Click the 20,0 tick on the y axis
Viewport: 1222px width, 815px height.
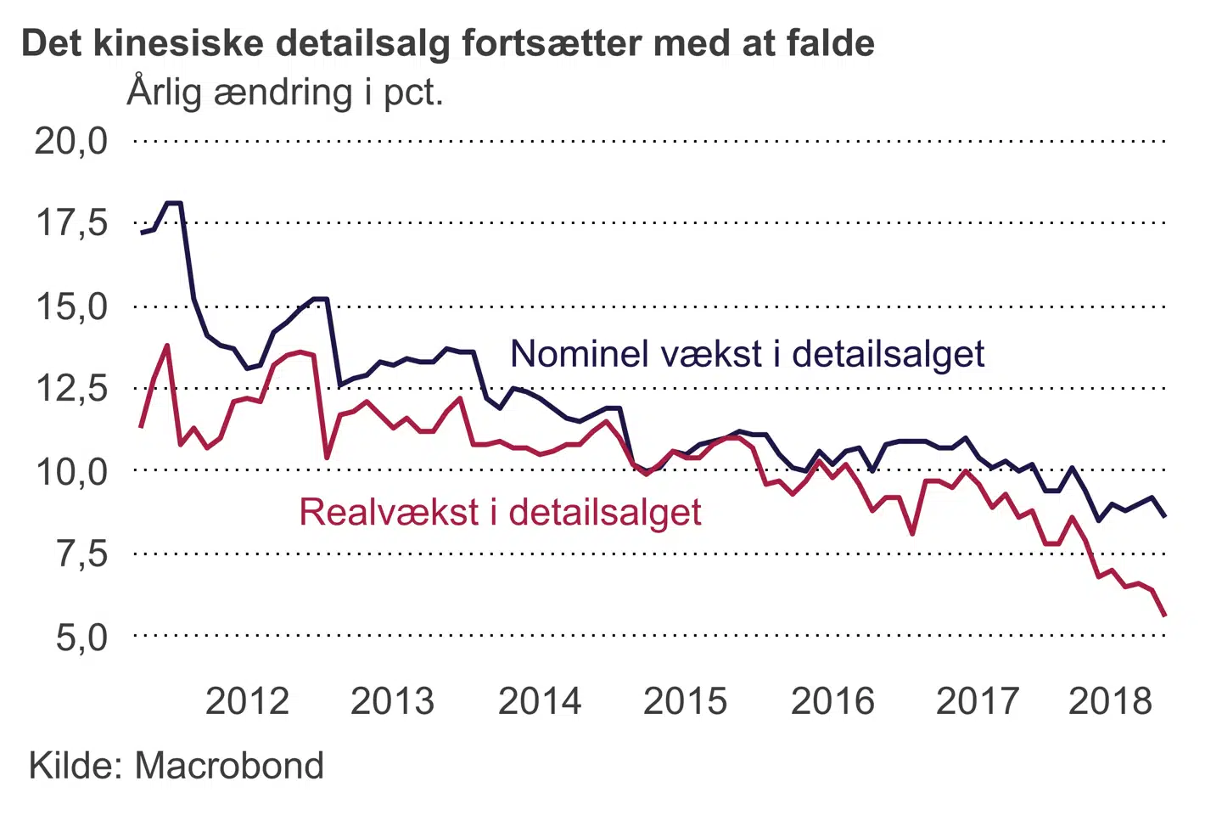(71, 141)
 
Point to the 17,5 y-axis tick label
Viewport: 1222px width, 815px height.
(71, 223)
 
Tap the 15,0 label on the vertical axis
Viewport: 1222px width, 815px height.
(71, 306)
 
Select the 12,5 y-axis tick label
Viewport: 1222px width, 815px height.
(71, 389)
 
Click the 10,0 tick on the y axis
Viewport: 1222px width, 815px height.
(71, 471)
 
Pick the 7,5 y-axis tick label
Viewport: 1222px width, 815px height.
(81, 554)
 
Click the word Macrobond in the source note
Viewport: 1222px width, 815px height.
(229, 766)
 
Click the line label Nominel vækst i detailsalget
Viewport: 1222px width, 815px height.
(747, 354)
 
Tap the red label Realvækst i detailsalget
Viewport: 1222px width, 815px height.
(500, 513)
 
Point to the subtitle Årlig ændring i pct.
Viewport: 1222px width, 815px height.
(285, 92)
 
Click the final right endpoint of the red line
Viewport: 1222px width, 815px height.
(1165, 615)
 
